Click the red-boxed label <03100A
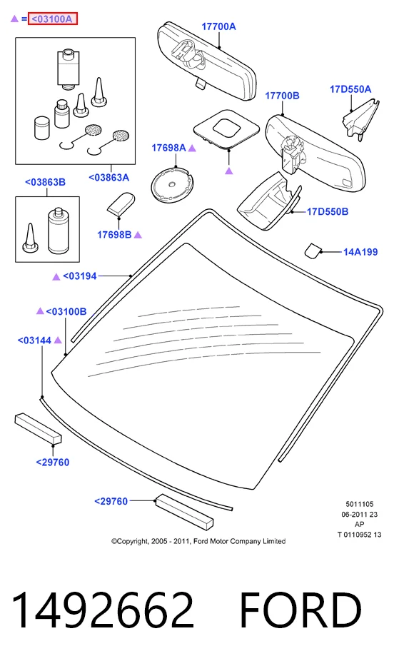point(53,19)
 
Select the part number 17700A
point(218,26)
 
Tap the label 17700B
point(282,96)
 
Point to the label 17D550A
point(350,89)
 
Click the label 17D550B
point(328,211)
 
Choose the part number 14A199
point(360,252)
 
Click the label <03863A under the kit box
point(108,178)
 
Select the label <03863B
point(46,182)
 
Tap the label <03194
point(80,276)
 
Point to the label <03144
point(34,340)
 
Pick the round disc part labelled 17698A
point(172,185)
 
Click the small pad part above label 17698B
point(121,203)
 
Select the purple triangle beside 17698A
point(192,148)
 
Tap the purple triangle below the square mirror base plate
point(229,171)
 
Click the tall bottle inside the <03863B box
point(58,230)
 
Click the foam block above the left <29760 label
point(38,428)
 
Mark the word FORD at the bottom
point(300,610)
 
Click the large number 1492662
point(103,610)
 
